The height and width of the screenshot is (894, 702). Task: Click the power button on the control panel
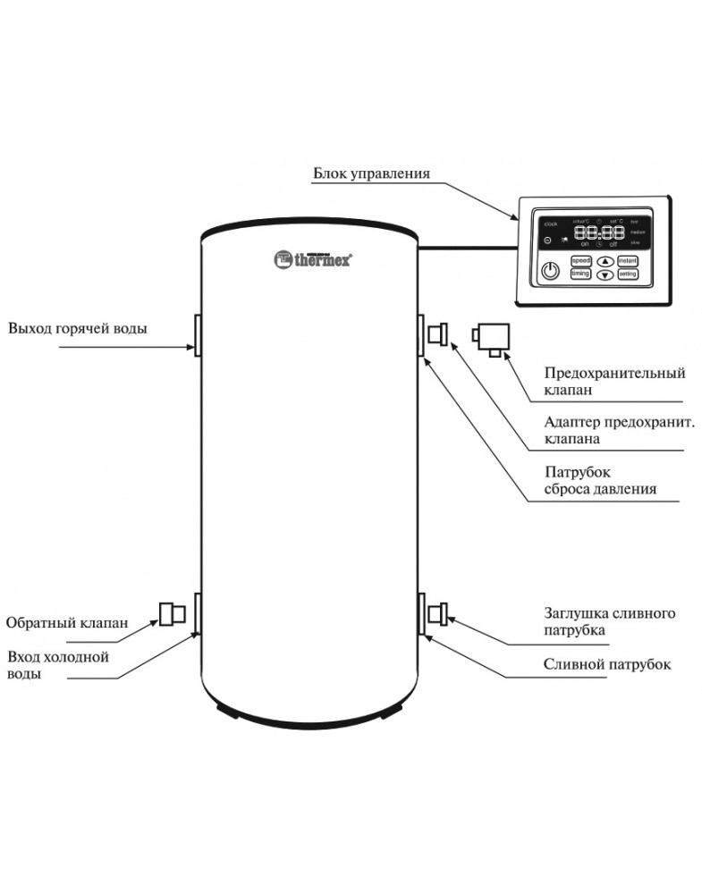coord(552,268)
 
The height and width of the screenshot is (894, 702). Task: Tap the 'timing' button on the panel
coord(581,274)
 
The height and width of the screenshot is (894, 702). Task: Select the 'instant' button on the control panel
coord(627,259)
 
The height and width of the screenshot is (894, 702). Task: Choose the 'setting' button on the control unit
coord(627,274)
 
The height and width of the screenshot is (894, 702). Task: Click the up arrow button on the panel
coord(604,261)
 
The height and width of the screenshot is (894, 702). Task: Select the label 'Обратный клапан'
coord(66,623)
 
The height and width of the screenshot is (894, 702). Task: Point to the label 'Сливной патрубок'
coord(607,665)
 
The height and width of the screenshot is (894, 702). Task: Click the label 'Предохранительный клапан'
coord(614,381)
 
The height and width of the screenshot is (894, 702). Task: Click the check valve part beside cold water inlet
coord(172,614)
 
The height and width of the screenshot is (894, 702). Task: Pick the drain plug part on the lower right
coord(439,614)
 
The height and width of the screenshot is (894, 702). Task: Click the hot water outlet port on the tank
coord(196,335)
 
